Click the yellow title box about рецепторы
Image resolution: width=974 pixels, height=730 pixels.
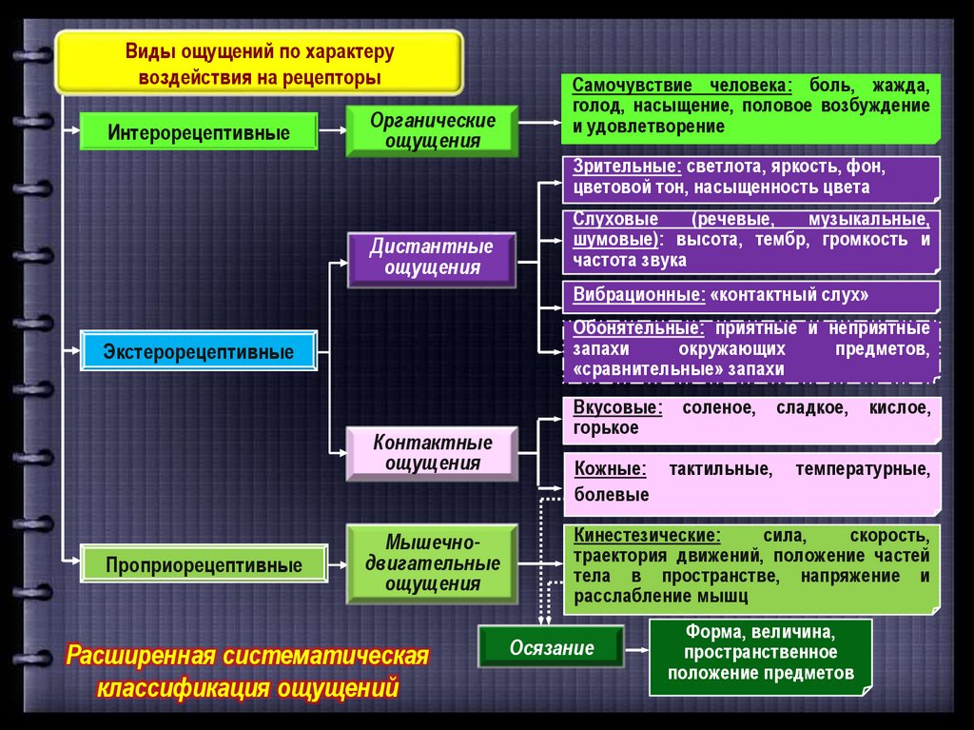tap(260, 63)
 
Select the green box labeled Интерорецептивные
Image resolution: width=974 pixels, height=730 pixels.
tap(198, 131)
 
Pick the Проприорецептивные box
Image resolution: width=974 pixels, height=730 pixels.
tap(204, 565)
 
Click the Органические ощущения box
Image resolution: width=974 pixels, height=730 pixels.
tap(432, 131)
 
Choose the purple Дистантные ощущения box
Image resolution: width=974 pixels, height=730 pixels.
tap(432, 257)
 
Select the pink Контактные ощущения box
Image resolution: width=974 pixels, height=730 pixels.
tap(432, 453)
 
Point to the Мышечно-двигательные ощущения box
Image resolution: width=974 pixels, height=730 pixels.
tap(432, 563)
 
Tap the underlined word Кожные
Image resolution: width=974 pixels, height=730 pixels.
tap(610, 469)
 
